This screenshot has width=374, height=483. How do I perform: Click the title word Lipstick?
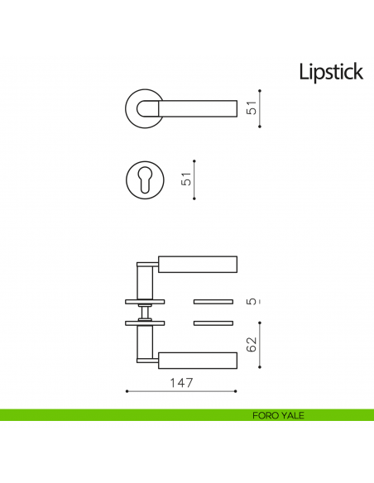click(x=331, y=72)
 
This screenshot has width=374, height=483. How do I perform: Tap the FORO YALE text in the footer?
click(x=278, y=415)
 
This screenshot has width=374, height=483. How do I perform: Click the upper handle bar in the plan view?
click(x=197, y=264)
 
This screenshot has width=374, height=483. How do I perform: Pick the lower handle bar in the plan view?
click(x=197, y=360)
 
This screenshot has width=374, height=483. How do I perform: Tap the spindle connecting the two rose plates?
click(x=145, y=311)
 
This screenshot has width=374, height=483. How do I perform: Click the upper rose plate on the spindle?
click(x=146, y=299)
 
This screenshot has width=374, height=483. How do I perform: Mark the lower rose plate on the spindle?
click(x=146, y=321)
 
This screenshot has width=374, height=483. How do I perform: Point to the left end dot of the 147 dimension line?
click(x=125, y=391)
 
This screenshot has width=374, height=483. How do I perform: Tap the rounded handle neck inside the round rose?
click(x=150, y=108)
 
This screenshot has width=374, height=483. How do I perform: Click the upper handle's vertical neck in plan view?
click(x=145, y=278)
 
